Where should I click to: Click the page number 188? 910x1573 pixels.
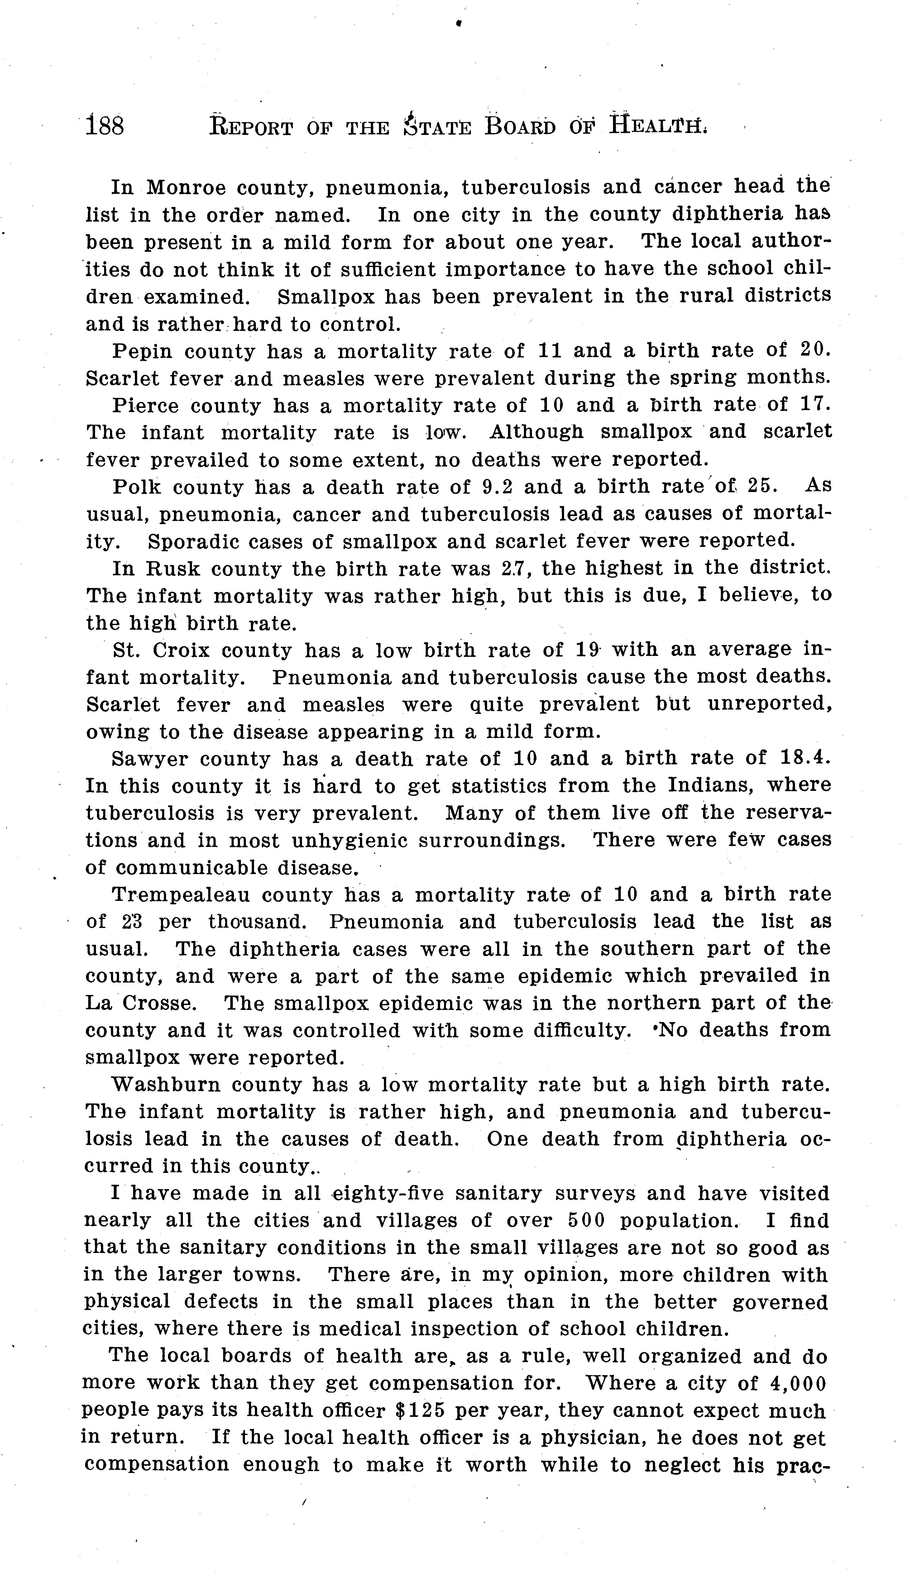(x=105, y=126)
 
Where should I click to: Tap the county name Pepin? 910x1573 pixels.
(x=142, y=351)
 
